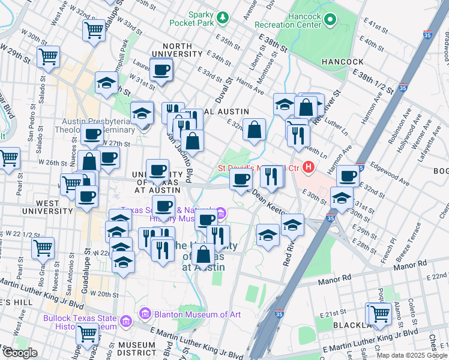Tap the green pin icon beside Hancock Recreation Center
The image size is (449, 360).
click(330, 21)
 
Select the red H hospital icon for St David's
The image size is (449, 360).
click(309, 167)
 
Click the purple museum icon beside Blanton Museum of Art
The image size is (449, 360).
click(144, 313)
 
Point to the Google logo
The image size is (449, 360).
click(20, 353)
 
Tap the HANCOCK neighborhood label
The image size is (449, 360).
click(342, 62)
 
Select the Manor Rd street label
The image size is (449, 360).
click(410, 263)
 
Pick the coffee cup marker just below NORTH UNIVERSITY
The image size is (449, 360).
click(160, 71)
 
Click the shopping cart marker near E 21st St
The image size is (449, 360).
click(379, 313)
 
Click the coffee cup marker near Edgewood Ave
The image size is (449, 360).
click(348, 176)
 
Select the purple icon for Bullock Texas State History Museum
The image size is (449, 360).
click(125, 322)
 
